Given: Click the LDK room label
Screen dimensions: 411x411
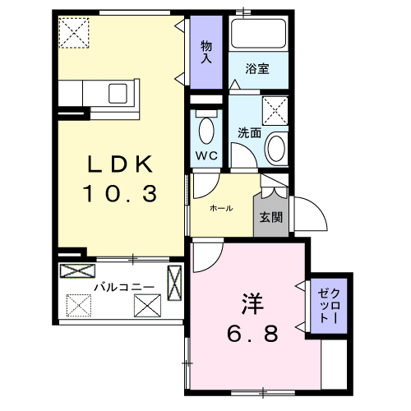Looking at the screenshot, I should point(122,165).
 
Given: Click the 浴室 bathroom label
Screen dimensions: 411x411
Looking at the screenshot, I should point(257,69).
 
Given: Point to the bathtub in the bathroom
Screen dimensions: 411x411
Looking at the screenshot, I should point(259,35).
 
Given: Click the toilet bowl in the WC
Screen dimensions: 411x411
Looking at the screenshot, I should point(206,130).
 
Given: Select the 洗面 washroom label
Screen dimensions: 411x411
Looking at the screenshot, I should point(249,132).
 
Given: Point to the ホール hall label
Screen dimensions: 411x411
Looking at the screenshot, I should point(221,208).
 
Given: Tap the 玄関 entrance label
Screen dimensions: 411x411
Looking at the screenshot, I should point(270,217).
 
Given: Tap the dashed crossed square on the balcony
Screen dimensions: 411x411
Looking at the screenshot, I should point(79,304).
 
